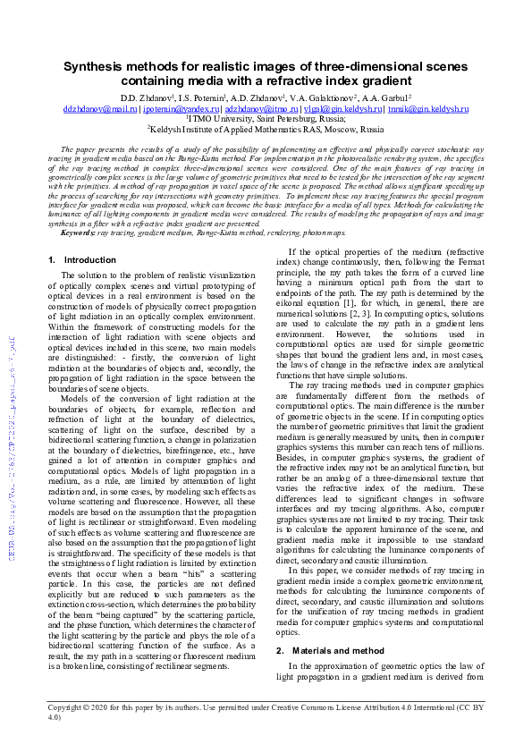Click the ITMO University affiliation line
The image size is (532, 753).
(x=266, y=118)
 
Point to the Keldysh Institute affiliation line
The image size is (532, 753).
(x=266, y=129)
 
